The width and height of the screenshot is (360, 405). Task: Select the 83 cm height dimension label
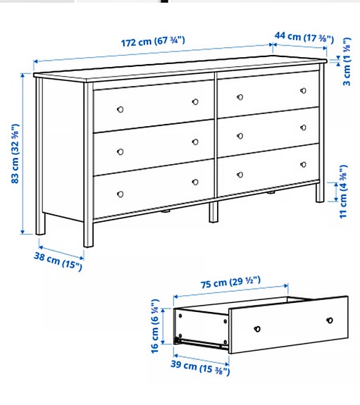[16, 154]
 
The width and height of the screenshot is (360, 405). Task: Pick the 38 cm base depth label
[60, 259]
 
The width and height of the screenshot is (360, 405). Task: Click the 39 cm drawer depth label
[198, 366]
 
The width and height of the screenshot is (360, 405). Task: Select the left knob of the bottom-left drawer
[119, 193]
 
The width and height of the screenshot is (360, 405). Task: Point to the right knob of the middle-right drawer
[304, 127]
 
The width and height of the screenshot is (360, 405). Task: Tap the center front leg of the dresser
[213, 213]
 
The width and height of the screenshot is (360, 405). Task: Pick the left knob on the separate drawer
[258, 329]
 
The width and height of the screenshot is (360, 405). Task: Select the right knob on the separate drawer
[329, 320]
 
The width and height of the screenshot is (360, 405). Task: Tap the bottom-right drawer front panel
[268, 169]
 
